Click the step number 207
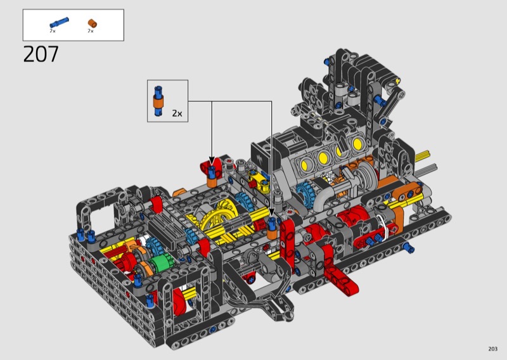[41, 54]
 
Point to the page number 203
[492, 349]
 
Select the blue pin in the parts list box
[59, 23]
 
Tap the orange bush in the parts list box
[93, 23]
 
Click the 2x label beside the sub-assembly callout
[177, 113]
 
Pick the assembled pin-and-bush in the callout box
[158, 101]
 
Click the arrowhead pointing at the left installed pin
[212, 161]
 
